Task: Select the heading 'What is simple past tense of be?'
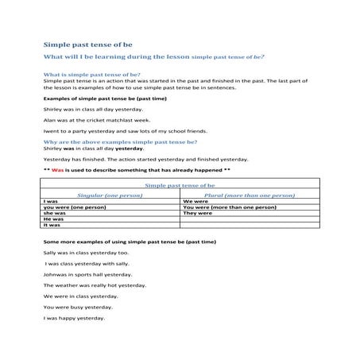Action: coord(91,74)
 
